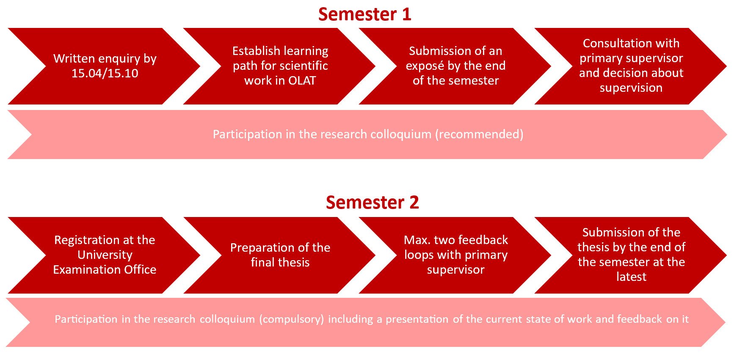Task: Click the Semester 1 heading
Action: tap(364, 14)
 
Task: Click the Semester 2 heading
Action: tap(372, 203)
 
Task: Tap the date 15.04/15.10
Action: tap(105, 73)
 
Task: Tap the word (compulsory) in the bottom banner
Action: tap(292, 319)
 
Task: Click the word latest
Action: tap(631, 277)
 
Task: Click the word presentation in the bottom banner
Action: tap(417, 319)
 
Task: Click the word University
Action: tap(105, 255)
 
